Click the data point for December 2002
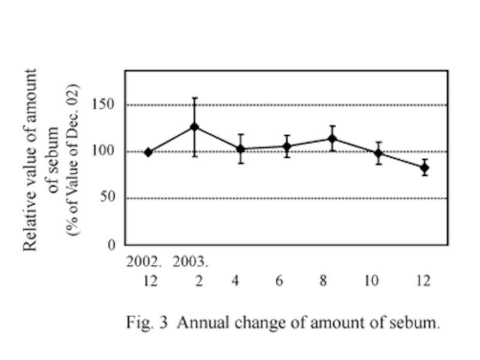pos(148,152)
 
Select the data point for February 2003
pos(194,127)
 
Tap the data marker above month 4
pos(241,149)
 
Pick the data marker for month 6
pos(287,146)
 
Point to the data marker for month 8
pos(332,139)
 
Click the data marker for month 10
pos(379,153)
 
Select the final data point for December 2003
pos(425,167)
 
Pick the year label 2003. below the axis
pos(191,262)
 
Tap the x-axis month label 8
pos(323,280)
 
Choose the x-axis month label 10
pos(372,280)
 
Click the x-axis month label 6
pos(279,280)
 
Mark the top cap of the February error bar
pos(194,98)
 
